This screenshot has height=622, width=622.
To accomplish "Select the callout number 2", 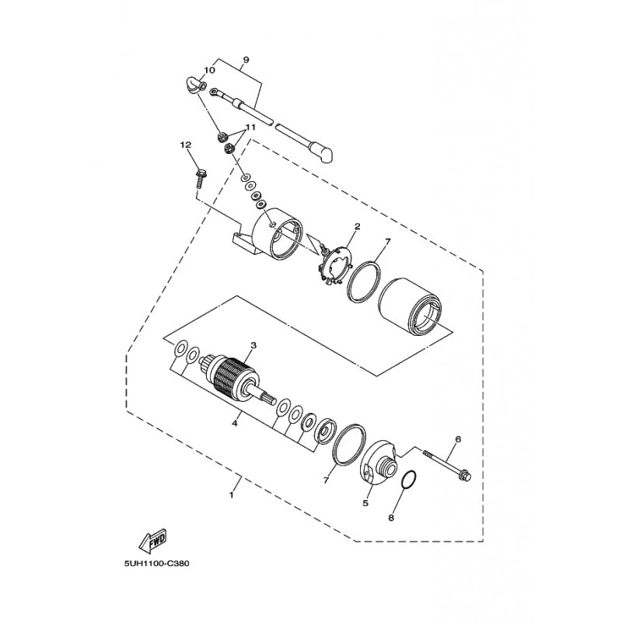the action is click(357, 227).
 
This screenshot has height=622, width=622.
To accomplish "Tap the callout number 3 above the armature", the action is click(252, 344).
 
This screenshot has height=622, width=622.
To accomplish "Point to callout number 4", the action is click(234, 424).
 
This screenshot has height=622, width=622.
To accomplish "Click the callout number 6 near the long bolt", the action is click(458, 439).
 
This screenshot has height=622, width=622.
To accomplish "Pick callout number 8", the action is click(390, 515).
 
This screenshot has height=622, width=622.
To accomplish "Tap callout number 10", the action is click(209, 71).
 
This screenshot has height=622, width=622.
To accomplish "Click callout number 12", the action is click(185, 145).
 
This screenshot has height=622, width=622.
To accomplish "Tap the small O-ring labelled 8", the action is click(411, 480).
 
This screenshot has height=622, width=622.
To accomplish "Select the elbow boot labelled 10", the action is click(191, 85).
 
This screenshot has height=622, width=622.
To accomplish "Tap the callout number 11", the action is click(250, 127).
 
